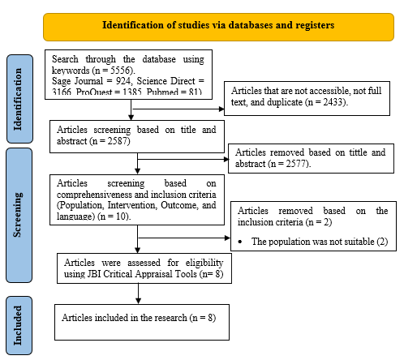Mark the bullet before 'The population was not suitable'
click(243, 242)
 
